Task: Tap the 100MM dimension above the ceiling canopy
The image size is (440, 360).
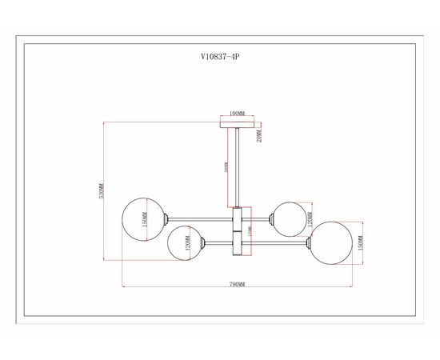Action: [236, 114]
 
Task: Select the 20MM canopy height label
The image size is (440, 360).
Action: [259, 137]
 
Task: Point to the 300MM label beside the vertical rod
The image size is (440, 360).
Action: [227, 169]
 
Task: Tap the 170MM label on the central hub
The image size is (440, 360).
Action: [249, 230]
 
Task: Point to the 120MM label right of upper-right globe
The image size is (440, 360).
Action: [310, 217]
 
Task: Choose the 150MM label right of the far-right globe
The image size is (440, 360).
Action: [362, 242]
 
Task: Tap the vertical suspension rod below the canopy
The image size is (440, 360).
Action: [237, 168]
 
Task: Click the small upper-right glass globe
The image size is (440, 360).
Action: [287, 217]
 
